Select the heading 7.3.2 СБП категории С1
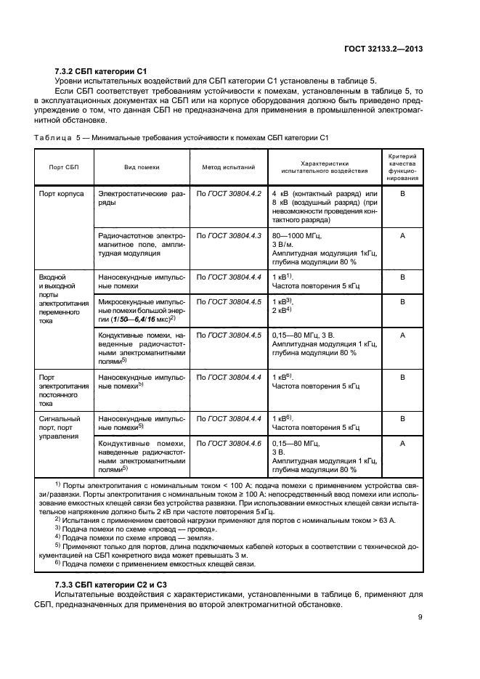[101, 71]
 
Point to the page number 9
[420, 618]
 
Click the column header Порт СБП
[63, 167]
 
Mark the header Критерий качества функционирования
[402, 167]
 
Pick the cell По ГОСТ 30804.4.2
[228, 195]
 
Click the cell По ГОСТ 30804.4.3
[228, 236]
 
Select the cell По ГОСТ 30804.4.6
[228, 442]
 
